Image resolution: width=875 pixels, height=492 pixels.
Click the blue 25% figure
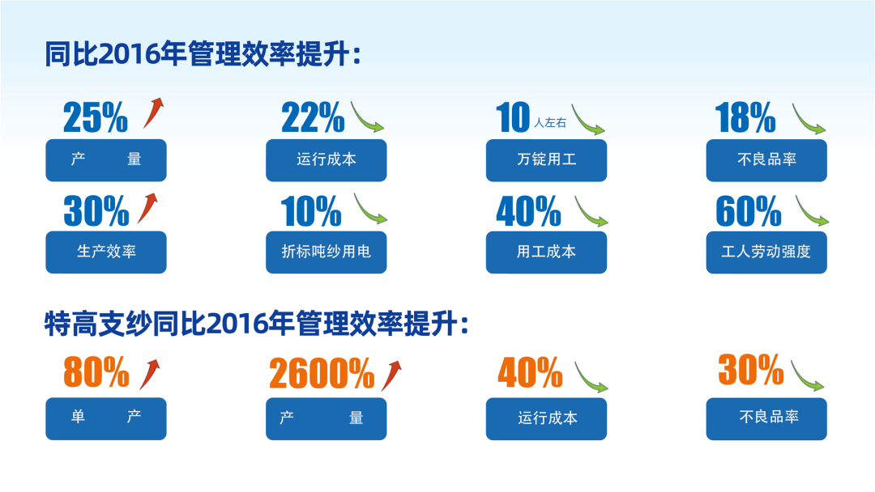tap(96, 117)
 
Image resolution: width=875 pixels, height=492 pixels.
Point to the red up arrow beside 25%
tap(153, 112)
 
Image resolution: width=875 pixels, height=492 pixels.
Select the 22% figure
tap(313, 117)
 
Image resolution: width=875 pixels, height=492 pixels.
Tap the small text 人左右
tap(550, 122)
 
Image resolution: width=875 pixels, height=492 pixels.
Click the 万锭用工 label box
tap(546, 160)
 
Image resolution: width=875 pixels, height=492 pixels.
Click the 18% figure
tap(745, 117)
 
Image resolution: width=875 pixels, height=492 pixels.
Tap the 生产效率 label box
tap(106, 252)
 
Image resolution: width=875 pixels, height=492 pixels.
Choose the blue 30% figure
tap(96, 211)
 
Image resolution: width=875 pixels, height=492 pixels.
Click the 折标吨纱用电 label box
tap(326, 252)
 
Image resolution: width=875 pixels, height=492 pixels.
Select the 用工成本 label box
tap(546, 252)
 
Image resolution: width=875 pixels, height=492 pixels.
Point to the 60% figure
tap(749, 211)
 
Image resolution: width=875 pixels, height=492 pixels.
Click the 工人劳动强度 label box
tap(766, 252)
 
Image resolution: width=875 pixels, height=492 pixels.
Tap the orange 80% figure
tap(96, 371)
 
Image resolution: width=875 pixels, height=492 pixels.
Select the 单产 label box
tap(106, 418)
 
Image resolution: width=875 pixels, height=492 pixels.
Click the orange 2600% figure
tap(322, 373)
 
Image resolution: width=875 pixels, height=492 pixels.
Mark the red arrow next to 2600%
tap(392, 375)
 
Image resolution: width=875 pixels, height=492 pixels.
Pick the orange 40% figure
tap(530, 372)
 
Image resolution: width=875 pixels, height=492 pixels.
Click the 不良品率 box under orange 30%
tap(766, 418)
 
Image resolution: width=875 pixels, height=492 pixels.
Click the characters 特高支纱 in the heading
tap(98, 324)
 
